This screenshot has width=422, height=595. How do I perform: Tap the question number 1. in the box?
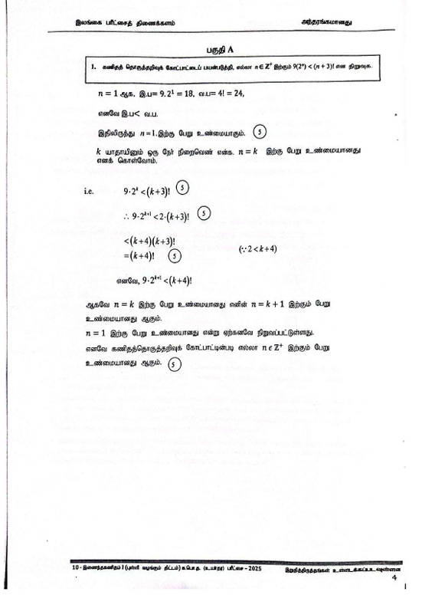click(93, 67)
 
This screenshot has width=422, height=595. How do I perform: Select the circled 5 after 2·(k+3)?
click(203, 213)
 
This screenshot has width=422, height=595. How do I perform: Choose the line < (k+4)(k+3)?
click(158, 242)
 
